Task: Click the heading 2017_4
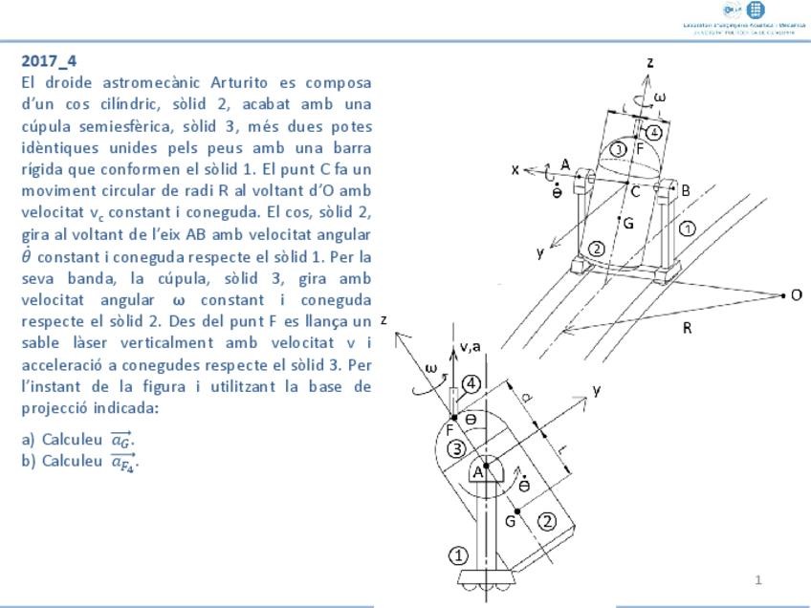click(49, 61)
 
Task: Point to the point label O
click(796, 295)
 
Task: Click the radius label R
click(687, 328)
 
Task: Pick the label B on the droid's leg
click(686, 190)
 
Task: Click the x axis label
click(515, 169)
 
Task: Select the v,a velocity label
click(470, 347)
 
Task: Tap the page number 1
click(758, 579)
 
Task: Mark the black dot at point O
click(782, 295)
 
